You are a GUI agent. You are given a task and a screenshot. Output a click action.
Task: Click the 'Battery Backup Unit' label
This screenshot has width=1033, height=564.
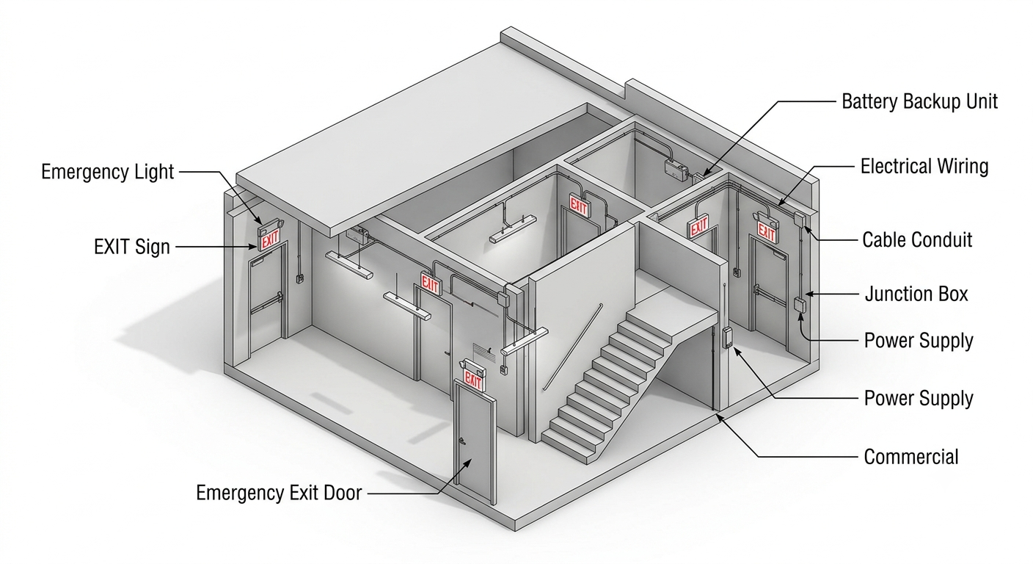919,101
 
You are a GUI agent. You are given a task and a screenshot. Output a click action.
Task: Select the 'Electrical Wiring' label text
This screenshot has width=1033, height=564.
924,167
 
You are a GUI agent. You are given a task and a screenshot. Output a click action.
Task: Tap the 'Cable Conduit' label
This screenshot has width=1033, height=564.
917,240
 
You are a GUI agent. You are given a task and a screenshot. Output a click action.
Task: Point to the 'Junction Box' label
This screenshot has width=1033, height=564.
916,294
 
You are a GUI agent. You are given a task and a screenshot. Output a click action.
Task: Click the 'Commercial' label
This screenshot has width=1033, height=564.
910,457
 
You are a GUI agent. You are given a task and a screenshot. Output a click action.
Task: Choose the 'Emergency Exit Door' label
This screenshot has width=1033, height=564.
279,493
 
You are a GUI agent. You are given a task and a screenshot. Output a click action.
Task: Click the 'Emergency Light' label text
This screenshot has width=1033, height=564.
107,172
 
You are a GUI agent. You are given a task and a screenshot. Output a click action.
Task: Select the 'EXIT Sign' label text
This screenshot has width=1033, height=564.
132,247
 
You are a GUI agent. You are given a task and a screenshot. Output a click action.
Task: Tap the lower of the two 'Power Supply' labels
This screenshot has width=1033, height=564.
918,398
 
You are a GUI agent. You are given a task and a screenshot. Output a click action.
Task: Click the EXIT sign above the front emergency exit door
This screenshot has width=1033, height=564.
473,380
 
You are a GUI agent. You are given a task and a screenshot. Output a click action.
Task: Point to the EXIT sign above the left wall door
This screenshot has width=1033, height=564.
270,239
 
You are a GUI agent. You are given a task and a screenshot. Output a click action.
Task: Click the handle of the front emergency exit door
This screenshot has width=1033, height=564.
461,441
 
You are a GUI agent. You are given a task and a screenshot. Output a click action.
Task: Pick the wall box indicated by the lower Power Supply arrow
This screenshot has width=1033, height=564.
727,337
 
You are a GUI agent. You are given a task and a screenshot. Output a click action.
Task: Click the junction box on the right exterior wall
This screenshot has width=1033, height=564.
799,305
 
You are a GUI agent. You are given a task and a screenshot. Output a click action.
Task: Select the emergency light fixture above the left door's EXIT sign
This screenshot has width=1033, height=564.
270,225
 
